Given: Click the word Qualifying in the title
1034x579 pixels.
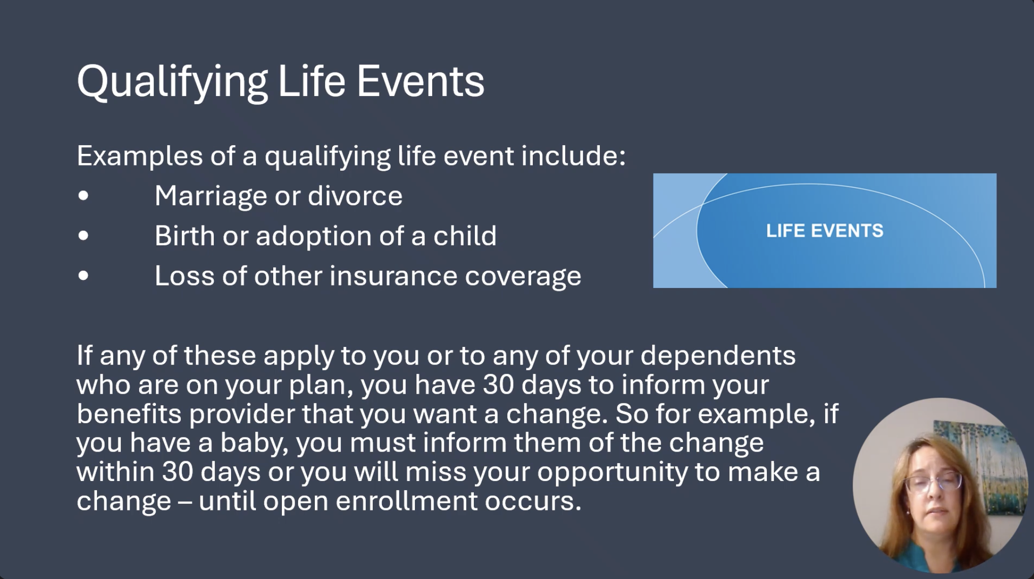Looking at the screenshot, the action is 172,82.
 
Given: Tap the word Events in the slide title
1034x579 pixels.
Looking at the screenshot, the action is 421,81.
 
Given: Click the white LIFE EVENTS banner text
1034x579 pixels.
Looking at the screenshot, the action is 825,231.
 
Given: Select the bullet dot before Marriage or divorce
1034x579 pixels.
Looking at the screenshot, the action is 84,196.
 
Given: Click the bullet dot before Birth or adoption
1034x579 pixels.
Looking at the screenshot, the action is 84,236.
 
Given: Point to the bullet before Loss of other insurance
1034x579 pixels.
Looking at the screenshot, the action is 84,276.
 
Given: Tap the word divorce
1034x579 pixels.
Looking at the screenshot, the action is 355,196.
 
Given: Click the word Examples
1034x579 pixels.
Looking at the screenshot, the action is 140,156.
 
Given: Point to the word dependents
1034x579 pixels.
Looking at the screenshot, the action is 718,356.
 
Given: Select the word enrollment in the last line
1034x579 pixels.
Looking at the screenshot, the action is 406,501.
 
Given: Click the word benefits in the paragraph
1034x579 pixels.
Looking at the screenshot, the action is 129,414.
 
